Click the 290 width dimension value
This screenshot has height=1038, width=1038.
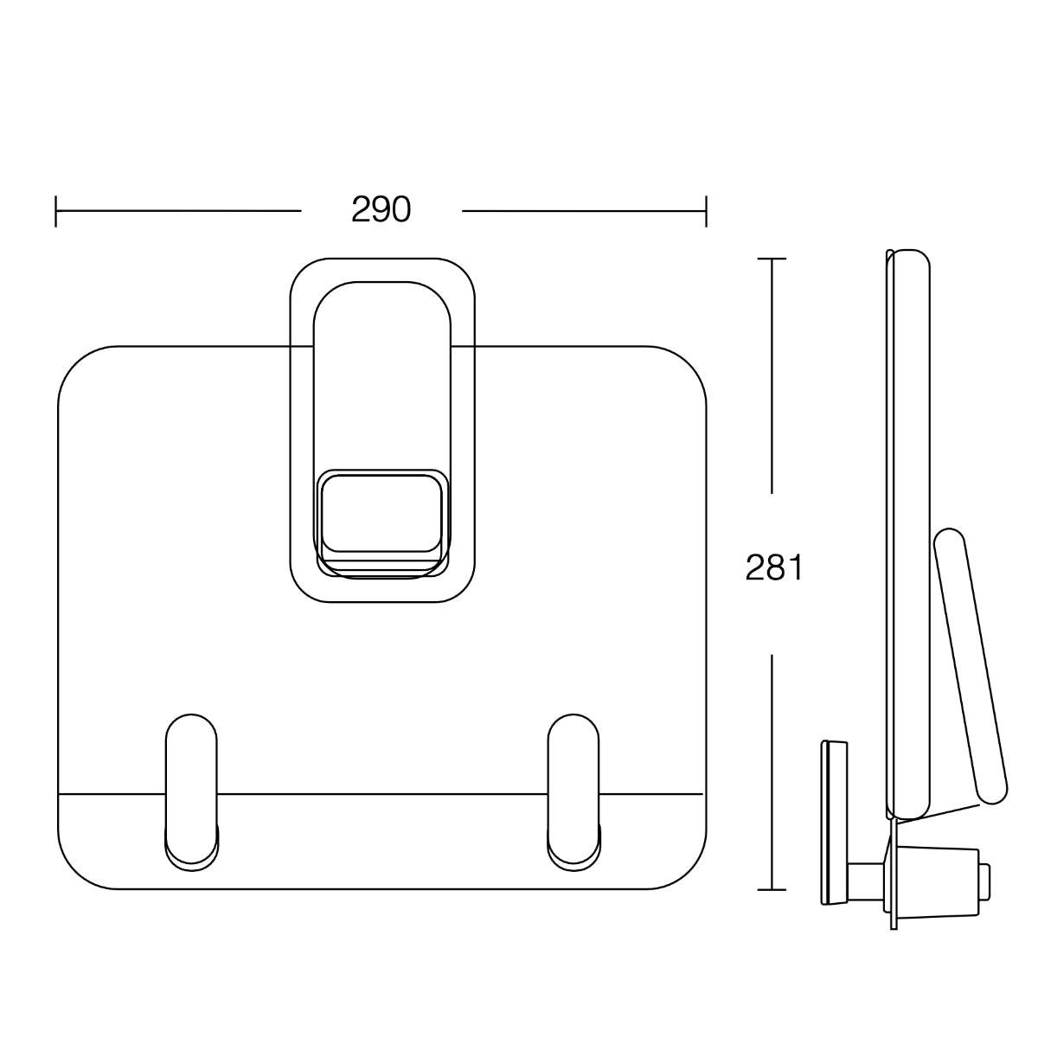[381, 210]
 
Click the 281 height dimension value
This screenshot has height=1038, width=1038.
[775, 568]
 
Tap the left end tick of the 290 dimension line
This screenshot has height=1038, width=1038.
[56, 210]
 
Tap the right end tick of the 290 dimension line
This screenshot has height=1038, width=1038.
[706, 210]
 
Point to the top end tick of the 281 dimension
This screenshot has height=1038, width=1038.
[772, 259]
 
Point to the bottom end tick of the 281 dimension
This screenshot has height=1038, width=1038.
[772, 889]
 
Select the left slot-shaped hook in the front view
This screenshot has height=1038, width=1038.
[191, 790]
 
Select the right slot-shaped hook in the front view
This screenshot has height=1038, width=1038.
[573, 790]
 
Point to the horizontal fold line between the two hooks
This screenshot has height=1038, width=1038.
[381, 793]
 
